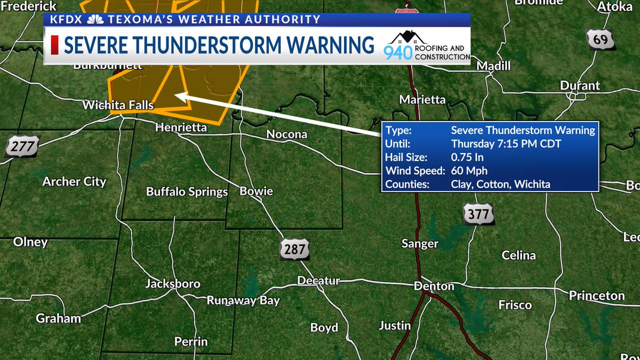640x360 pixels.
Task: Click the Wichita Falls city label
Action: pos(118,106)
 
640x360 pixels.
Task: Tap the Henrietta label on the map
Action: pos(180,127)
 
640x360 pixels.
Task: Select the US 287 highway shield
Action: pos(294,249)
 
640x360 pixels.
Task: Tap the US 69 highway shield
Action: pos(600,40)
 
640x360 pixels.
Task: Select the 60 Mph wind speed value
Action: pos(469,171)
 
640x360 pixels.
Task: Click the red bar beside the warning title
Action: pos(54,45)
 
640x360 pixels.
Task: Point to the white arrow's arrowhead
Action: pos(179,96)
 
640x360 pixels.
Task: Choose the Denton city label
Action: pos(434,286)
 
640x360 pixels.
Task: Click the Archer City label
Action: pos(74,181)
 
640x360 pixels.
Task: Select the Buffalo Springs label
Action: pos(187,192)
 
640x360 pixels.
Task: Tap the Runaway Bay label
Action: pos(243,300)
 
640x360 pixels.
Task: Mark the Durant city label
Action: pos(580,86)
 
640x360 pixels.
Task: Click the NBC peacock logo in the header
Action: pos(96,20)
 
